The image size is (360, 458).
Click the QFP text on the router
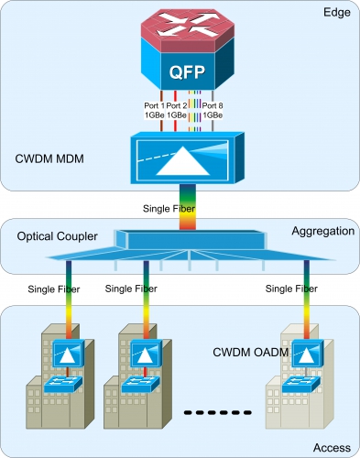[187, 72]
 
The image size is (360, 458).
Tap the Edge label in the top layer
[337, 13]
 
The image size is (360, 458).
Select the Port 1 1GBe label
[154, 110]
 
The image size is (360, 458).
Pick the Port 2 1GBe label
[177, 110]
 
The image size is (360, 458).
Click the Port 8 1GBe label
[213, 110]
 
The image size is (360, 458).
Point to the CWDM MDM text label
[49, 158]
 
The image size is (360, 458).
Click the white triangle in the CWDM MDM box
[183, 161]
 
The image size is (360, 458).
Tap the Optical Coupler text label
[57, 236]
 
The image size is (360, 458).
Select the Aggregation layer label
[323, 231]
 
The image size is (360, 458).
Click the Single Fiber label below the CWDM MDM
[169, 209]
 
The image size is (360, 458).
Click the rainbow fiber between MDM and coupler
[188, 207]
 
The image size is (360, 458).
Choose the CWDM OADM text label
[251, 353]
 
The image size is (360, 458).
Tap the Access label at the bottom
[332, 448]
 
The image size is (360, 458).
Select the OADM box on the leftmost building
[69, 353]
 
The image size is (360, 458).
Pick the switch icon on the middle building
[140, 385]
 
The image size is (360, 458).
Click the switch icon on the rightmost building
[301, 385]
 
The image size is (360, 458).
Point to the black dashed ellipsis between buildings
[218, 412]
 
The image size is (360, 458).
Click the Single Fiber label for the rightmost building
[291, 289]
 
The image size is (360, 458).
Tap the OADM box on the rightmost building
[308, 353]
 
